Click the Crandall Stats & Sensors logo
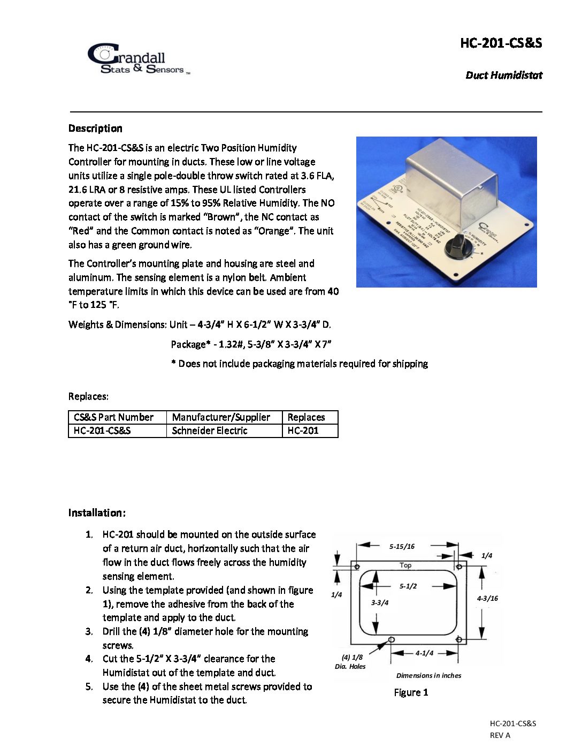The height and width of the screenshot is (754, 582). (138, 59)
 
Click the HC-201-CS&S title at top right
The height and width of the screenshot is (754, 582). (501, 43)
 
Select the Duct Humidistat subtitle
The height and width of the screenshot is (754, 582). (503, 76)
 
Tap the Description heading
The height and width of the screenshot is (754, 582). (95, 129)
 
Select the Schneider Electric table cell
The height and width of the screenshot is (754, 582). (210, 431)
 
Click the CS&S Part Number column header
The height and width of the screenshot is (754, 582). (113, 417)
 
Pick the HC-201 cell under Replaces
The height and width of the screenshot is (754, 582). (303, 431)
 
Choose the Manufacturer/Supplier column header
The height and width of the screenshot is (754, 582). (221, 417)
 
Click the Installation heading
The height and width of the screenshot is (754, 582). (97, 513)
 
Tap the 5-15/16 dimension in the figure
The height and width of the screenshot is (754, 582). (402, 547)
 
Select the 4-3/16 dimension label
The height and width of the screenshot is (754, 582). (487, 599)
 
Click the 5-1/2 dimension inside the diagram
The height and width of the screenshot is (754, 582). (408, 586)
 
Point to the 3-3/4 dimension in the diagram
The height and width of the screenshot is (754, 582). (380, 603)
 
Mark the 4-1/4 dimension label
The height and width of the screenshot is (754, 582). (424, 653)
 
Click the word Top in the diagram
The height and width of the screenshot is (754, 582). (405, 565)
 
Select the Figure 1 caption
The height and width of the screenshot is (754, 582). (411, 692)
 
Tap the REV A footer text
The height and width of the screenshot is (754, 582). (500, 735)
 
